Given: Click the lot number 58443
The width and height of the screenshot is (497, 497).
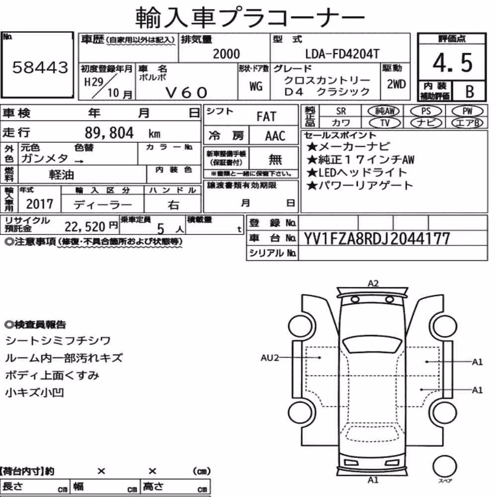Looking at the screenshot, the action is (40, 67).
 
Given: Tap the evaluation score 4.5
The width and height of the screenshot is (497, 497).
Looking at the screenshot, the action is (452, 63).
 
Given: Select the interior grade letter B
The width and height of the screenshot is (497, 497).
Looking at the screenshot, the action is (470, 91).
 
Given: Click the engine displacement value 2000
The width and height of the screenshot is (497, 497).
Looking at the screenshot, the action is (226, 54).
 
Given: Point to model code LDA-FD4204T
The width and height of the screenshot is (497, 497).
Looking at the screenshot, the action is (342, 54).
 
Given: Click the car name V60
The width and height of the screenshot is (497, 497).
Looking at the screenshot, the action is (186, 92).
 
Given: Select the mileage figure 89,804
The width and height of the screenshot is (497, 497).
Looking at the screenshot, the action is (109, 133).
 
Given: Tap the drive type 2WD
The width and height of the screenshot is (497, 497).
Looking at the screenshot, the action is (396, 84).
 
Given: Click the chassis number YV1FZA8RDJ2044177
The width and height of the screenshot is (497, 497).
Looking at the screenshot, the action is (377, 239).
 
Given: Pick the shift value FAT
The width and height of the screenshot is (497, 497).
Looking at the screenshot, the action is (266, 117).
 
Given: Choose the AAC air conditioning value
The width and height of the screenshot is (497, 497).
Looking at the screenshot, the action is (275, 136).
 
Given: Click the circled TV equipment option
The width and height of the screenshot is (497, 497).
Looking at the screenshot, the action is (385, 123).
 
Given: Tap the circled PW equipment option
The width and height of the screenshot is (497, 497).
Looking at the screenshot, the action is (467, 111).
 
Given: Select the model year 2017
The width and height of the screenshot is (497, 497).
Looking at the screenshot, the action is (40, 204).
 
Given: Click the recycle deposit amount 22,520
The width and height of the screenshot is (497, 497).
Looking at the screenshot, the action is (84, 227).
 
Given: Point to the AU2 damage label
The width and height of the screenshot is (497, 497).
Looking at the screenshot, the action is (269, 358).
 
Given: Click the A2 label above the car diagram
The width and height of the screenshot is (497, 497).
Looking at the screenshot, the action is (373, 283).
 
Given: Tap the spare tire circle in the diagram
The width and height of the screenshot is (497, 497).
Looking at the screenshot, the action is (444, 467).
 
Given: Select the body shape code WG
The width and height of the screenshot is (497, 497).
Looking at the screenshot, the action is (256, 86).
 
